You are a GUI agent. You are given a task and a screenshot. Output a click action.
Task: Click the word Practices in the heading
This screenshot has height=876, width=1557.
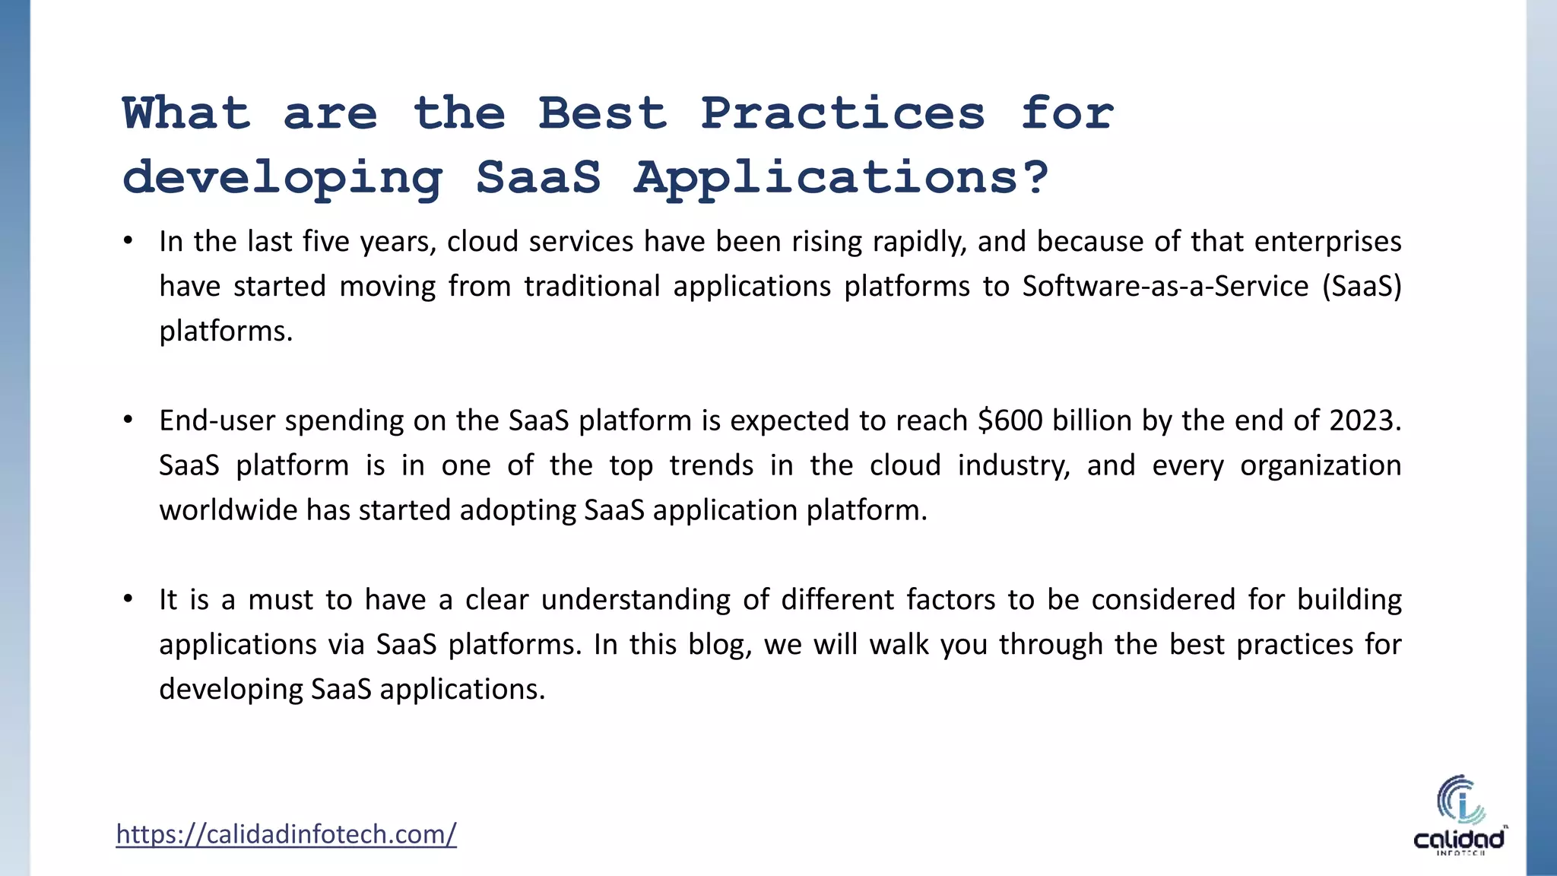point(842,114)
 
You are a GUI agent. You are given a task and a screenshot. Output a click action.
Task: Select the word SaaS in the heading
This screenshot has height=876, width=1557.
point(538,178)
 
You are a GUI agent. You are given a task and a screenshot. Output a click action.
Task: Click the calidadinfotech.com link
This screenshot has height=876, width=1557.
point(286,834)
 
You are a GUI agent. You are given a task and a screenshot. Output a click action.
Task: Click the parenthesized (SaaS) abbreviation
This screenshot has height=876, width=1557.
point(1361,287)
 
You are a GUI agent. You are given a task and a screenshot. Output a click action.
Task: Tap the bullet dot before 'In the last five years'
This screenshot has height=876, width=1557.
point(128,242)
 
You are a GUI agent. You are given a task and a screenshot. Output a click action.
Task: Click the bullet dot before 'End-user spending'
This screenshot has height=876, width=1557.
point(128,421)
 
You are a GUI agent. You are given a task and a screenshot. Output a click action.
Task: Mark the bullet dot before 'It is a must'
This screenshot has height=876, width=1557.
point(128,600)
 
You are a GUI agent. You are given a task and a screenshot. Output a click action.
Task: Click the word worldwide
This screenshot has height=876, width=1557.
point(228,510)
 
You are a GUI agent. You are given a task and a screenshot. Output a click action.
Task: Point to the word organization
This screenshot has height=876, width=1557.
point(1320,465)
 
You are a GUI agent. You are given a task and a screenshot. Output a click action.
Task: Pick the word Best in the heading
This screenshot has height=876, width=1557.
point(602,114)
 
